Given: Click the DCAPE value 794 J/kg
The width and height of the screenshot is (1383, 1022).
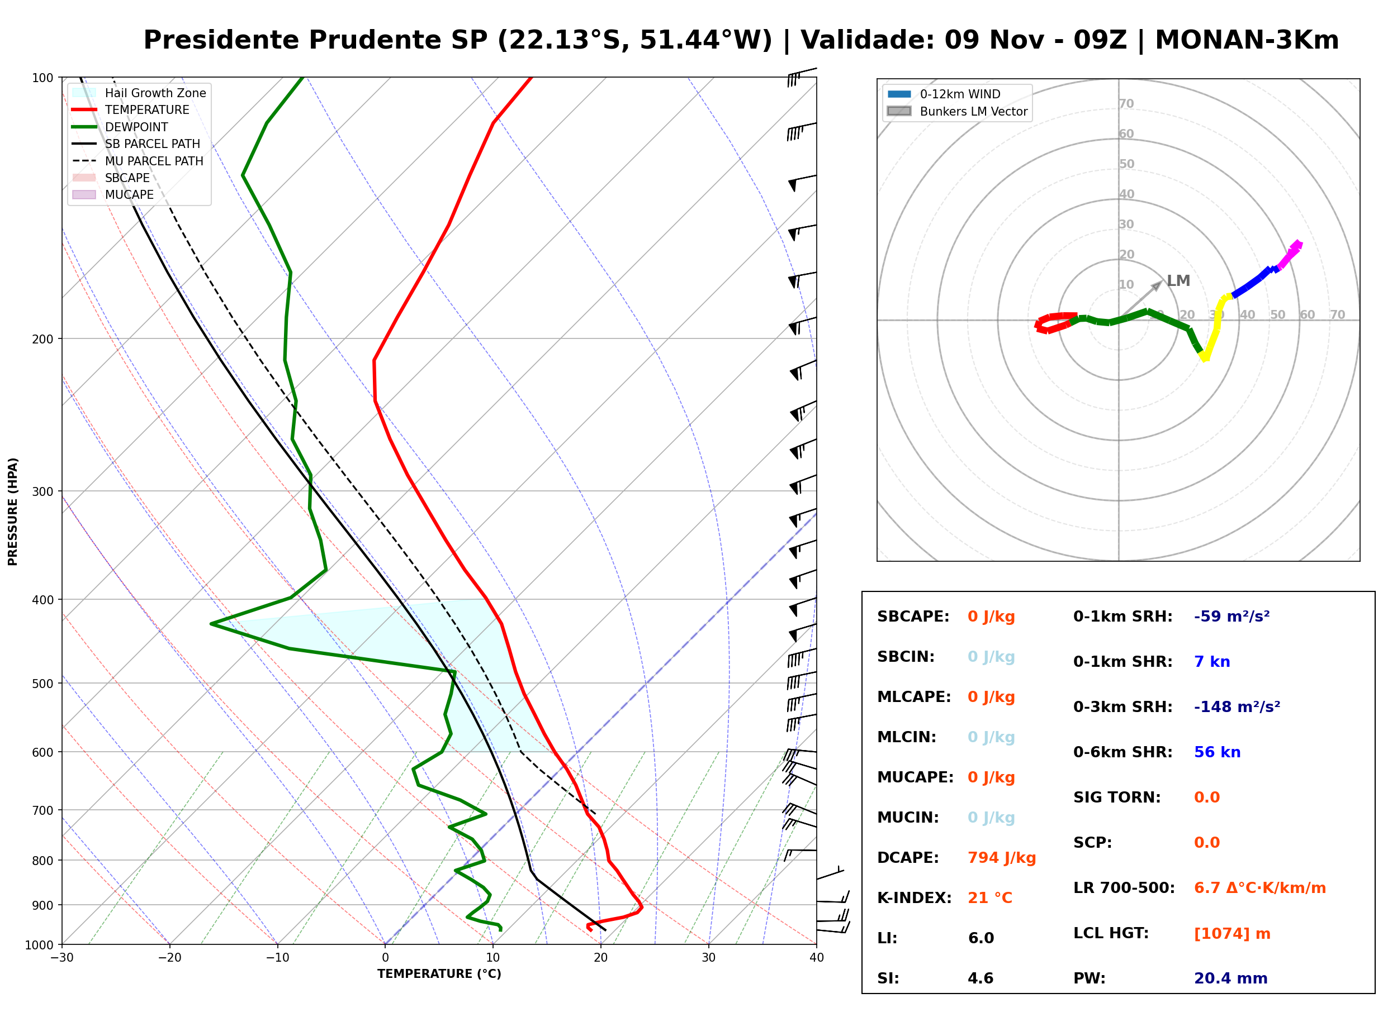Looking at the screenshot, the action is point(1002,858).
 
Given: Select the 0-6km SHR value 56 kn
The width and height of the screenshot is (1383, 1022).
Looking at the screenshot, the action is point(1217,752).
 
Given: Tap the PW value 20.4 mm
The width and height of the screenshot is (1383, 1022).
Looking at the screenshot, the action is point(1231,978).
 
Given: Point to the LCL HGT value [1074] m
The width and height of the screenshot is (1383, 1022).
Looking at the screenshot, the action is point(1232,934).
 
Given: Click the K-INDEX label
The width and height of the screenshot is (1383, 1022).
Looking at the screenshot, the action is point(915,898).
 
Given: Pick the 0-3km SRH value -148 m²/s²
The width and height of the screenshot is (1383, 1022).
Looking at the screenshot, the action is point(1237,706).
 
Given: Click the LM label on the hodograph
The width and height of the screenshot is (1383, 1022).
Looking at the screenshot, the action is point(1178,281).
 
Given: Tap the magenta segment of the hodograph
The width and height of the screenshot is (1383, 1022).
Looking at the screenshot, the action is point(1290,255).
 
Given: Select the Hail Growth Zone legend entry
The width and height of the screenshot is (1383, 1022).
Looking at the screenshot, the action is point(139,93).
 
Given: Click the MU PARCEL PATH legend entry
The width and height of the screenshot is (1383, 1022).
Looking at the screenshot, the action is point(138,161).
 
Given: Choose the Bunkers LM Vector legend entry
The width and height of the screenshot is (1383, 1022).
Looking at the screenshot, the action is point(957,111).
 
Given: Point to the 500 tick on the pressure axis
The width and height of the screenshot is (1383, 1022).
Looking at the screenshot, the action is point(42,684).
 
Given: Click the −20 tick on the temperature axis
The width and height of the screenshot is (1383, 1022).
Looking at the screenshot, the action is point(169,958).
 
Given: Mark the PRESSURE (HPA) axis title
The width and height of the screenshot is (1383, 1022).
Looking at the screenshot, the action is point(13,512).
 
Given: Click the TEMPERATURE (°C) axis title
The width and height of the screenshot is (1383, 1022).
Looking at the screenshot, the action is point(439,975).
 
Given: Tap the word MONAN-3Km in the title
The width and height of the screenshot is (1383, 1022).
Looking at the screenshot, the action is point(1246,40).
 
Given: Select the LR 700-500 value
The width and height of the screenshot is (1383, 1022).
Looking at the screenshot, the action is point(1260,889).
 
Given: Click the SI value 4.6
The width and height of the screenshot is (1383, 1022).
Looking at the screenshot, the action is point(981,978).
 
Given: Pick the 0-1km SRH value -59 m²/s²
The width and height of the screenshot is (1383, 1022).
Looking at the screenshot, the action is point(1232,617).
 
